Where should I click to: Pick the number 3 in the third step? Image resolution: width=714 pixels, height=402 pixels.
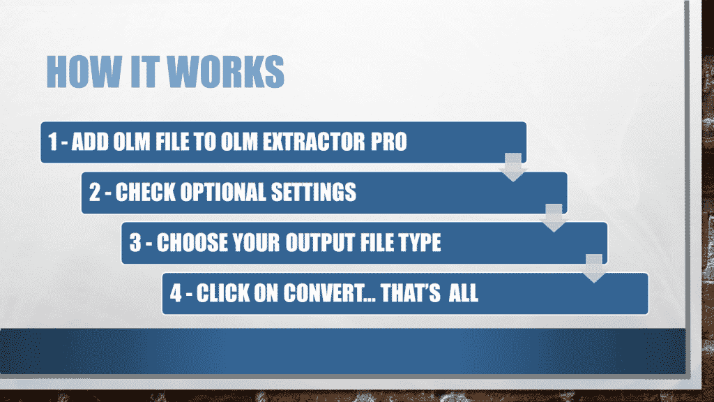point(135,243)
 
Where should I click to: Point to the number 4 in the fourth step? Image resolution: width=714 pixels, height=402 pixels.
point(176,293)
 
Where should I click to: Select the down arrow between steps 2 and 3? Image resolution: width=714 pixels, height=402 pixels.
point(554,219)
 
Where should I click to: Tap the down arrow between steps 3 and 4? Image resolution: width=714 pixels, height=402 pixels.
point(594,269)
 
